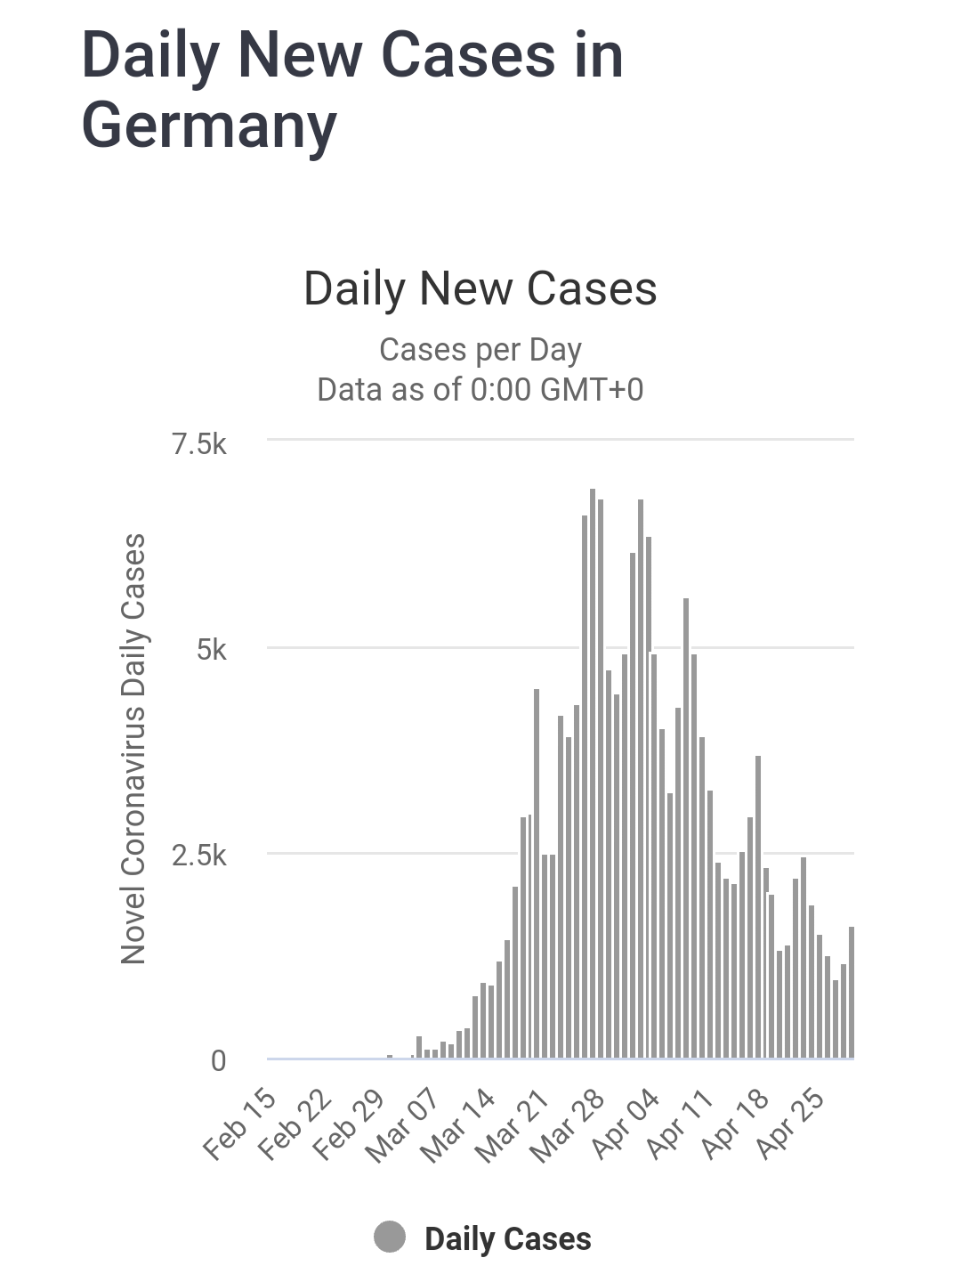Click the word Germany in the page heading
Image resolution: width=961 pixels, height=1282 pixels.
[x=209, y=126]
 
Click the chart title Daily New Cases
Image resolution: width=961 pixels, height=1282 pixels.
[x=480, y=288]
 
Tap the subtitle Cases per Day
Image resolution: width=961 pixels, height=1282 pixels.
[x=480, y=350]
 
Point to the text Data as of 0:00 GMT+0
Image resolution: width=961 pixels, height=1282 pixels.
[x=480, y=390]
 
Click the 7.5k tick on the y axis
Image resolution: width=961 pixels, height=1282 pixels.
[x=199, y=443]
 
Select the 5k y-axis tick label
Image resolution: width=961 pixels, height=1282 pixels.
[x=211, y=650]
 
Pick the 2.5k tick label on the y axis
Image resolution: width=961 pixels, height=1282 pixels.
[x=199, y=856]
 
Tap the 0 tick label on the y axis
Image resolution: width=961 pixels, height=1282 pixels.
[x=218, y=1061]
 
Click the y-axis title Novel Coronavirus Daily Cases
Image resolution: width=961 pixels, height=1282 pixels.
[x=133, y=748]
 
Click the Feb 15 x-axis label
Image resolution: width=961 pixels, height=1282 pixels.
[x=239, y=1124]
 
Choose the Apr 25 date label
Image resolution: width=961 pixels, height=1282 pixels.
[x=788, y=1124]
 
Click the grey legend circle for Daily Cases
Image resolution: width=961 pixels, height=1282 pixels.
[x=390, y=1237]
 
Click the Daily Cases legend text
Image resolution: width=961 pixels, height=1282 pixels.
[x=507, y=1239]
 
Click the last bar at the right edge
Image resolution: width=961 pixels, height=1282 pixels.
[x=852, y=993]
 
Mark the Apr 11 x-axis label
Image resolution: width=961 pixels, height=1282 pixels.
[x=680, y=1124]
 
